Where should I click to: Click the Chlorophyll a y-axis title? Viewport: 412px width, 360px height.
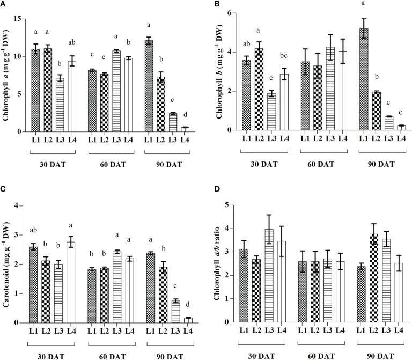coord(8,75)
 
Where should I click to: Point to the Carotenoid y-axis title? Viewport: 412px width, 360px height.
coord(8,263)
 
